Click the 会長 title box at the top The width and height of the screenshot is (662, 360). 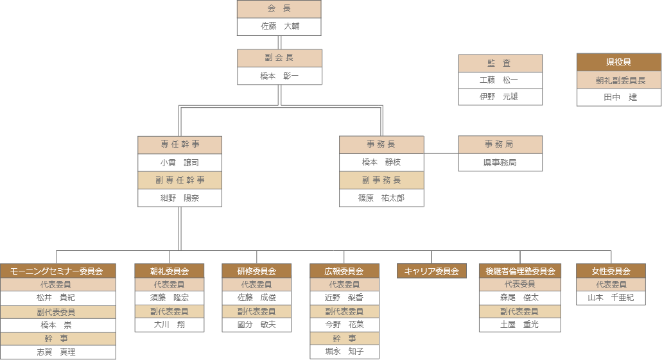tap(279, 9)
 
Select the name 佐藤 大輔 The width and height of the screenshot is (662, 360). tap(279, 26)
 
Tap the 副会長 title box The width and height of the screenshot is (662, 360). tap(279, 58)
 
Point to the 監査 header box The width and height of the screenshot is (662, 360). tap(500, 63)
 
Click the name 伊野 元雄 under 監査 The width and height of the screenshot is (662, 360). tap(500, 97)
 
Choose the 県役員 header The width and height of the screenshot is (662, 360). tap(619, 62)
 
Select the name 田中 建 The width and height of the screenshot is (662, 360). tap(619, 97)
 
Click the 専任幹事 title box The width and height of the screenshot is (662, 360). tap(180, 144)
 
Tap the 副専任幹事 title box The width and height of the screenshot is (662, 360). tap(180, 180)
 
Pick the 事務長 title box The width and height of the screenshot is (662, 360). tap(381, 144)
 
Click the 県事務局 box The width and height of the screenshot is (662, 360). tap(500, 162)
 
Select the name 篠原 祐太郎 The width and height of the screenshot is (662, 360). tap(381, 198)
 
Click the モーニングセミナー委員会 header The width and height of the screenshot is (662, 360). tap(58, 271)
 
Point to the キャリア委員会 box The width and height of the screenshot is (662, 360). tap(431, 271)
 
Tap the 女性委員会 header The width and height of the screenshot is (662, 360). tap(611, 271)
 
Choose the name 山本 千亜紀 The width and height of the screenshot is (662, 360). tap(611, 298)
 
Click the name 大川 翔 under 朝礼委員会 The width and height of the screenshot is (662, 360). tap(170, 325)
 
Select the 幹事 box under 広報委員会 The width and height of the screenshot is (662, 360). tap(344, 338)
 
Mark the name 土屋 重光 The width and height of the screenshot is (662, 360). tap(519, 325)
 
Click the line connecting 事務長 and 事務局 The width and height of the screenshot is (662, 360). tap(441, 153)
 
